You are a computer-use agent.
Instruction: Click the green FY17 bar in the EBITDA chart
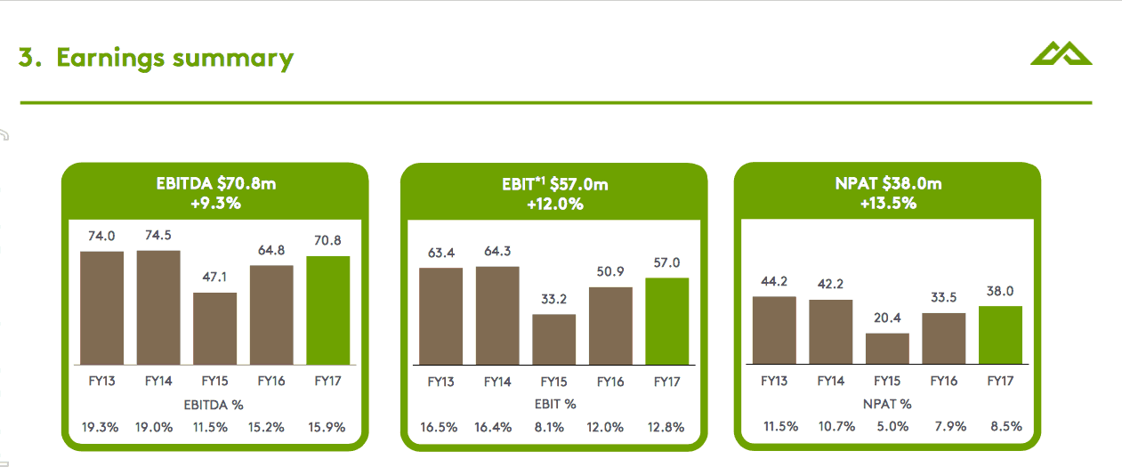coord(327,310)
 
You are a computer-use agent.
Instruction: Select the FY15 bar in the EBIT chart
coord(553,339)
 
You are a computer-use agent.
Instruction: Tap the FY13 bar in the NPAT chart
coord(774,330)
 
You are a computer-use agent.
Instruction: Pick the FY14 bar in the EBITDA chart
coord(158,307)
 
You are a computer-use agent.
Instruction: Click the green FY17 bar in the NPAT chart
coord(1001,334)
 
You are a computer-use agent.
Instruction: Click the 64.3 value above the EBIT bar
coord(497,252)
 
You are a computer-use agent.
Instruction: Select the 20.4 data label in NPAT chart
coord(888,318)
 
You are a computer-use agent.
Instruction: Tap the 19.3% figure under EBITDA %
coord(101,426)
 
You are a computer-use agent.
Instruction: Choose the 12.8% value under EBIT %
coord(666,427)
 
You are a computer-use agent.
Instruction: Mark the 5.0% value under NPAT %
coord(888,426)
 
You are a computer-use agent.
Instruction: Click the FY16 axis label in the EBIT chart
coord(610,382)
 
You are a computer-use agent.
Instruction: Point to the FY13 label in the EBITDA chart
coord(101,381)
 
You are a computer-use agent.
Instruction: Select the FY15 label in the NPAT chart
coord(887,381)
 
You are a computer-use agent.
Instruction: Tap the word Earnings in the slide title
coord(110,58)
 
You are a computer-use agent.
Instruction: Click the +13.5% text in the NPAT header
coord(888,203)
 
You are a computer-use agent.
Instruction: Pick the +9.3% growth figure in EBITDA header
coord(215,203)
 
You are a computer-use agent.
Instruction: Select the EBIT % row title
coord(553,404)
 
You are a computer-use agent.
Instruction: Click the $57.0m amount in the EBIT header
coord(579,184)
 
